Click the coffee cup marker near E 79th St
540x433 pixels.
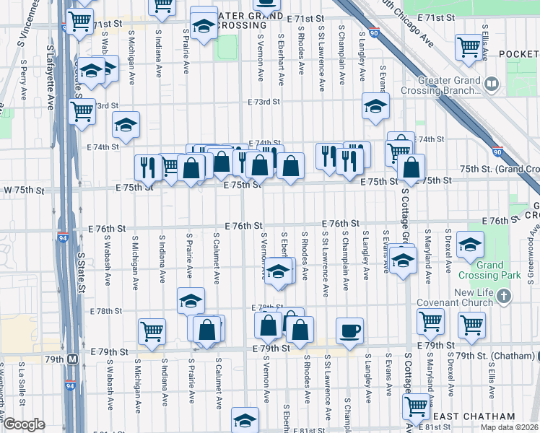click(x=350, y=331)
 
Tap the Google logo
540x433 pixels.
click(x=24, y=425)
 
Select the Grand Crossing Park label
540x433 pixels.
click(x=489, y=270)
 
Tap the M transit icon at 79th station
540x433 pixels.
click(x=72, y=358)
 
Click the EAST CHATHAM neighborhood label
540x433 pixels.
click(x=473, y=416)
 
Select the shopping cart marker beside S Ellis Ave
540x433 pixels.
click(x=469, y=47)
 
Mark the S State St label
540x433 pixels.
click(x=82, y=267)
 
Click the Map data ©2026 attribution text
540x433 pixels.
click(x=509, y=427)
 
